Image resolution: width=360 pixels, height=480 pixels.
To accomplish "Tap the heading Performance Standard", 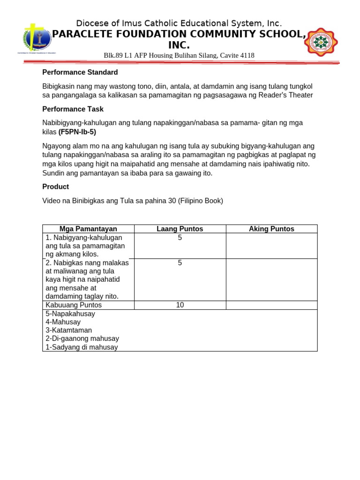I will [x=80, y=72].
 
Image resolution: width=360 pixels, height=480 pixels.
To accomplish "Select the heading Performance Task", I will [x=73, y=109].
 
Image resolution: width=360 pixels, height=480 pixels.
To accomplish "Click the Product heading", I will [x=55, y=187].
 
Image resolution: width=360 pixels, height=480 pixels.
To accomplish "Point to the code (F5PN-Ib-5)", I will [x=77, y=132].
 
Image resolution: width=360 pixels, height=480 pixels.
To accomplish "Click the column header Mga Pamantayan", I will [x=88, y=229].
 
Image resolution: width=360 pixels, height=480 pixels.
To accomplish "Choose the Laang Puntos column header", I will [x=180, y=229].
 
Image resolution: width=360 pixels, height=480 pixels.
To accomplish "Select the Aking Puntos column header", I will [x=271, y=229].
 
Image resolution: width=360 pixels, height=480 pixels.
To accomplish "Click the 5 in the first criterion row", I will [x=180, y=238].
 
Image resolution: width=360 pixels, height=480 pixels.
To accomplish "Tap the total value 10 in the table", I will [x=180, y=305].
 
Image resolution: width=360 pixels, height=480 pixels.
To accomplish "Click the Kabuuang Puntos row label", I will [x=74, y=305].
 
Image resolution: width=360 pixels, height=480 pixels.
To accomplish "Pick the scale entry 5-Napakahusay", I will [x=70, y=314].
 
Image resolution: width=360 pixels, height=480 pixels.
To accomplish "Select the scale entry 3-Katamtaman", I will [x=68, y=330].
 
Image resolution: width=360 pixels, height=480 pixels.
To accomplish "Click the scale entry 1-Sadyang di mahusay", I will [x=82, y=347].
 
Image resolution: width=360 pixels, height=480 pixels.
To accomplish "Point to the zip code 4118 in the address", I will [x=247, y=55].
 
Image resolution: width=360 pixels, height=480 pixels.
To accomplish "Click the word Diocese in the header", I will [x=91, y=23].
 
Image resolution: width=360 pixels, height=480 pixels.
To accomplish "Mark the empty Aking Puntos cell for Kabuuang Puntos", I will [x=271, y=305].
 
